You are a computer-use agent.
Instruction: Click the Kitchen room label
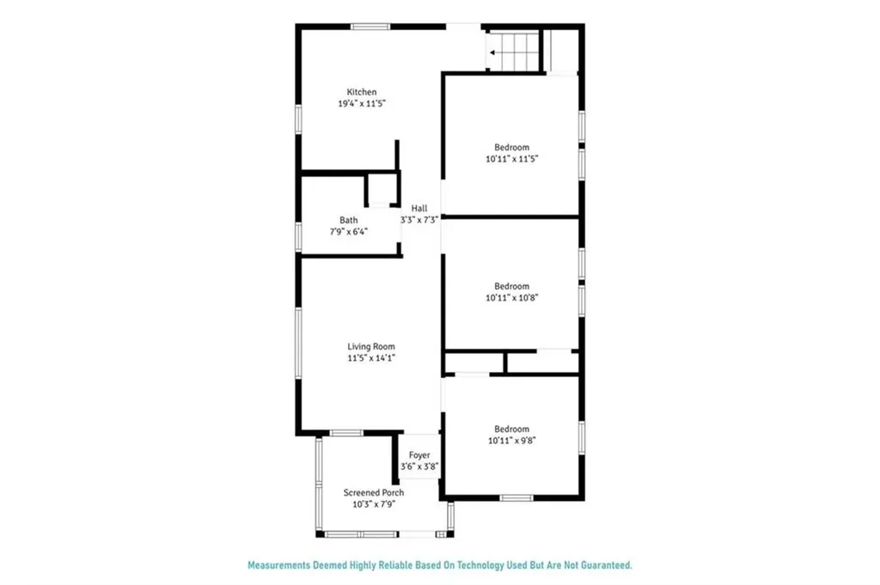click(x=361, y=93)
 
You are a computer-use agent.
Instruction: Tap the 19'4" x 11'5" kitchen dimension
click(x=361, y=104)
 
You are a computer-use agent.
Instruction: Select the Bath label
click(x=348, y=220)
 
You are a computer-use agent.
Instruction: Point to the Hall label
click(x=419, y=209)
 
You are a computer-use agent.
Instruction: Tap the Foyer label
click(x=419, y=455)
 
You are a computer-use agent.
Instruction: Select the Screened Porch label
click(x=374, y=493)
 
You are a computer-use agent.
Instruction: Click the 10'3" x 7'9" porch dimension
click(x=374, y=504)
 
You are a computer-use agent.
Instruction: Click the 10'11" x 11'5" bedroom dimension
click(x=511, y=159)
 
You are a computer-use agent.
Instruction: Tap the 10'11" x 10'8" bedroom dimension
click(x=511, y=298)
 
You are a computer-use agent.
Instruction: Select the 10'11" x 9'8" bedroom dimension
click(x=511, y=441)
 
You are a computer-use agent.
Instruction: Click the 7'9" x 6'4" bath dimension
click(x=348, y=231)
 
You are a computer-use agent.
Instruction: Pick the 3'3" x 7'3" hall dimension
click(x=419, y=220)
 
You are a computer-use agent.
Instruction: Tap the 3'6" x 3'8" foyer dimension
click(x=419, y=467)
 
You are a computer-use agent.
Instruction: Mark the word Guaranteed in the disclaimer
click(x=602, y=565)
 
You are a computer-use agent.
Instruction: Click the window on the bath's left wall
click(x=298, y=235)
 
